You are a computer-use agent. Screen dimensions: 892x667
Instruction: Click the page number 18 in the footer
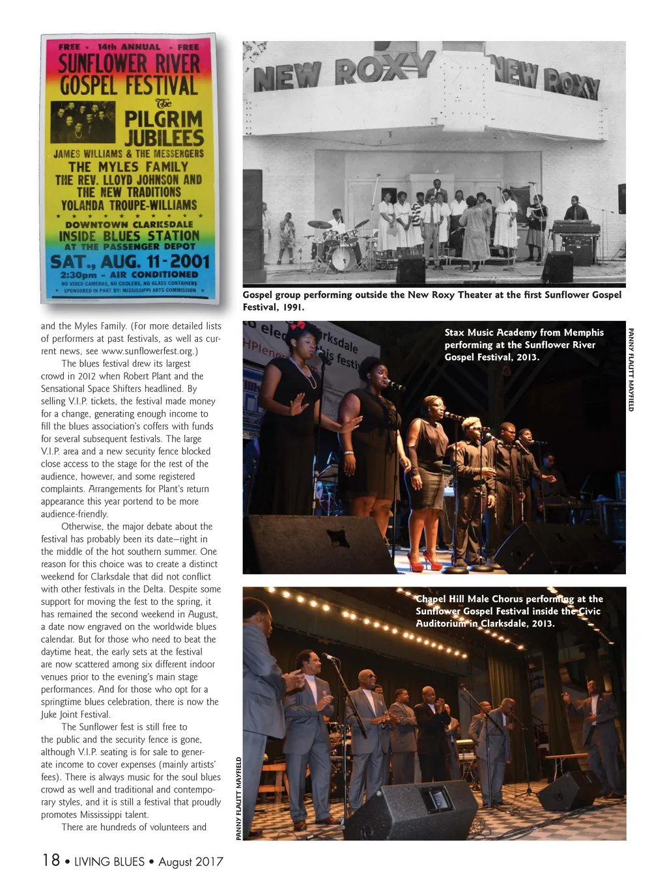point(51,860)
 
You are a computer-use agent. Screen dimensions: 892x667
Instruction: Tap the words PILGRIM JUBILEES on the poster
point(163,128)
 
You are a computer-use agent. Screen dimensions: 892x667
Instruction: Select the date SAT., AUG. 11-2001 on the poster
point(130,261)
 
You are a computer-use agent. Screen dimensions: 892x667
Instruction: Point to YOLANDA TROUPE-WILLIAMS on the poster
point(128,205)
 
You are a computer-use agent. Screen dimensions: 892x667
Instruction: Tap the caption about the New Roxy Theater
point(431,300)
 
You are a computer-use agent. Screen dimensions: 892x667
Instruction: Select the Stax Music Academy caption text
point(524,344)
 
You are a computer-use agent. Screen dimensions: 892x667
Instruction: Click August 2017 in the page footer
point(190,861)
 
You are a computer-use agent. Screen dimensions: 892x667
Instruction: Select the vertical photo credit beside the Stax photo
point(631,369)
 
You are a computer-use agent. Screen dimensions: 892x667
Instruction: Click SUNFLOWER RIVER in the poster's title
point(129,64)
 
